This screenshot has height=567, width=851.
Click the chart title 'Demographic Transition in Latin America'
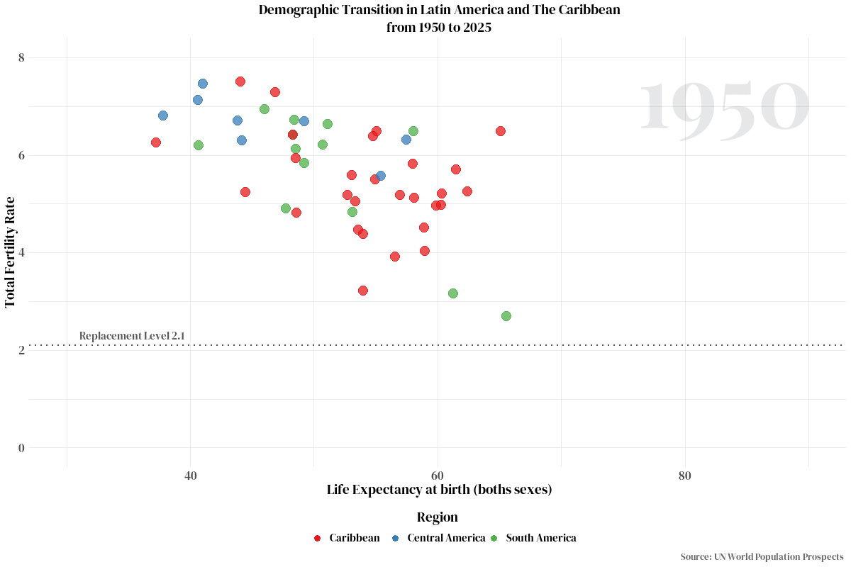(439, 10)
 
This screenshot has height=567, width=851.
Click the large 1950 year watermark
(723, 107)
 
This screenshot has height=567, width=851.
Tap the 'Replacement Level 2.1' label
(132, 335)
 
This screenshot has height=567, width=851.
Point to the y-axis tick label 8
(21, 57)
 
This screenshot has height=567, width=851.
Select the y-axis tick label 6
(21, 155)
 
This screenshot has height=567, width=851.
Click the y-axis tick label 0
(21, 447)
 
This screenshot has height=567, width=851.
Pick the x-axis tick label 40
(190, 476)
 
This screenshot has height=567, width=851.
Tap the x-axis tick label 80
(684, 476)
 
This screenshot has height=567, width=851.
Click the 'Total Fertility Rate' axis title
(11, 252)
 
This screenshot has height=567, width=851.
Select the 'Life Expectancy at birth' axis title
(439, 490)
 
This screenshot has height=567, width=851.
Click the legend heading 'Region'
(437, 517)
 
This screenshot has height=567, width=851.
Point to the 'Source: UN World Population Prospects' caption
(762, 557)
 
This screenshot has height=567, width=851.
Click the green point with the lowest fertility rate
(506, 316)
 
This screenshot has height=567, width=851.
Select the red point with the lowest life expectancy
(156, 142)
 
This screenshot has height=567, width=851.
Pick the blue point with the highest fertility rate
(203, 84)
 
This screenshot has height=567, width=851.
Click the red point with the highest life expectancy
(501, 131)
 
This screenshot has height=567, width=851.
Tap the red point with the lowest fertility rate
(363, 291)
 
